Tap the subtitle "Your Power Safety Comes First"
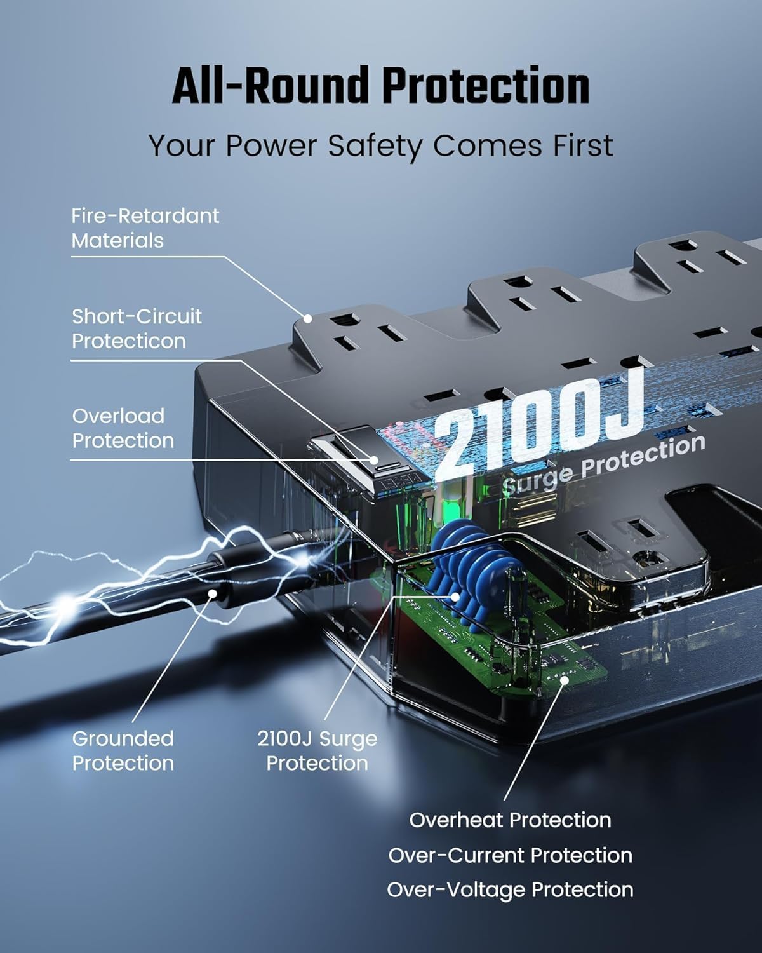(x=381, y=145)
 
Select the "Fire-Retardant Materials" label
(x=145, y=228)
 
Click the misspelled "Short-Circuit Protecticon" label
(x=137, y=328)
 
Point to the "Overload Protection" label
(x=123, y=428)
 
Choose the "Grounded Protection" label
(x=123, y=750)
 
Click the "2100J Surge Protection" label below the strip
(x=317, y=750)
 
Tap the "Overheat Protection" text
(x=510, y=820)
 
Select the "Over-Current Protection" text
(x=510, y=855)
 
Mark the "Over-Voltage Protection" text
(x=510, y=889)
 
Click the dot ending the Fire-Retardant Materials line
(x=307, y=318)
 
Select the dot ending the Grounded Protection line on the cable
(x=212, y=593)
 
